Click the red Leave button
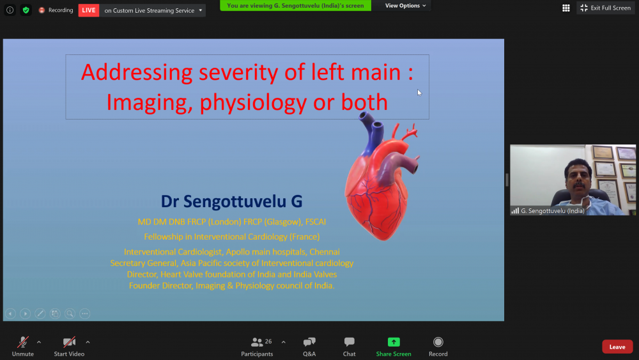coord(617,347)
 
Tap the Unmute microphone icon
coord(23,342)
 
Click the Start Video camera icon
coord(69,342)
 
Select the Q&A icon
coord(309,342)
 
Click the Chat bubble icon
coord(350,342)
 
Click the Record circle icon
coord(438,342)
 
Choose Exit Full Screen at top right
coord(606,8)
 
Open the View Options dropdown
coord(406,6)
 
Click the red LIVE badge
coord(88,10)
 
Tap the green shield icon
coord(26,10)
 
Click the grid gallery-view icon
coord(566,8)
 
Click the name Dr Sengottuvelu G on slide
coord(231,201)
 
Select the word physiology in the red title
coord(253,102)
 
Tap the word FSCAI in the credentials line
coord(316,222)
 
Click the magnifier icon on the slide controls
coord(70,313)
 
